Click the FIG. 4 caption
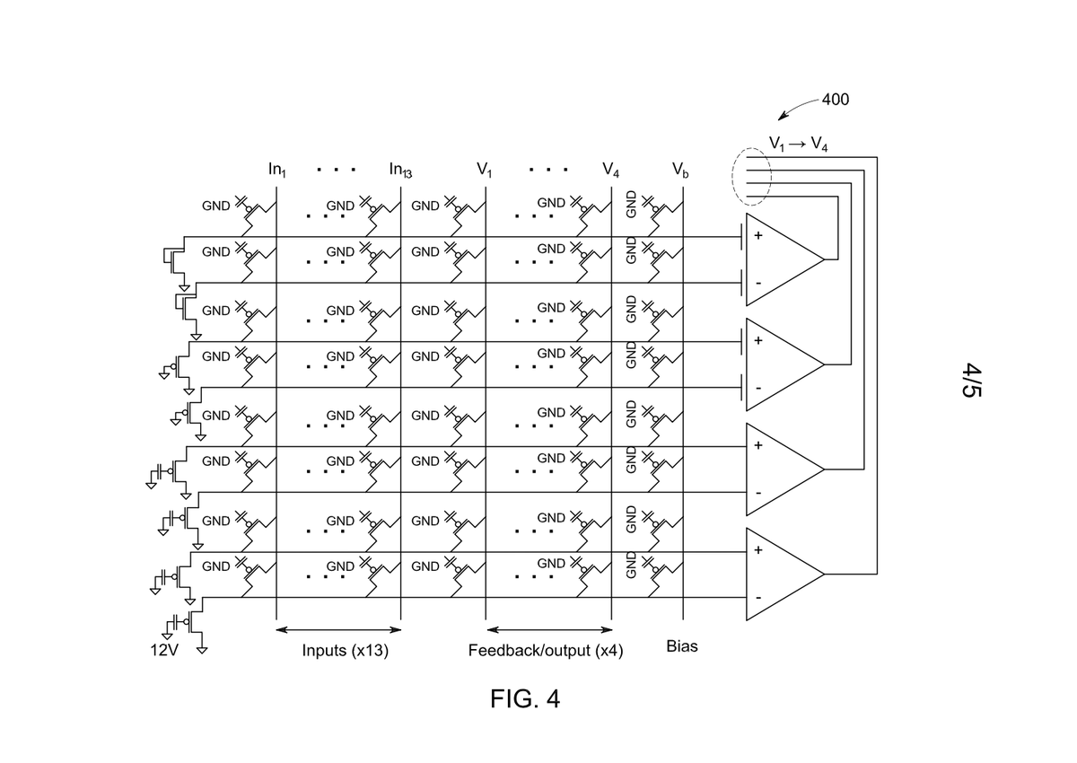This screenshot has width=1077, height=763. click(x=524, y=698)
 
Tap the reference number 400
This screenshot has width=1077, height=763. click(x=836, y=100)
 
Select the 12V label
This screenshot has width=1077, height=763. click(x=164, y=650)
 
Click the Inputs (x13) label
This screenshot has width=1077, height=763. click(x=346, y=651)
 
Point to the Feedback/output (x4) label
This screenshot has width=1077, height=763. click(x=546, y=651)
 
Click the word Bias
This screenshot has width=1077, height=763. click(x=682, y=646)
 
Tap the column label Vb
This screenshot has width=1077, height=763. click(x=680, y=170)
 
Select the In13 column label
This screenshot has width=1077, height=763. click(x=400, y=170)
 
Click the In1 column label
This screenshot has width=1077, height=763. click(x=277, y=170)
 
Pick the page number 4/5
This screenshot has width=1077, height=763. click(x=971, y=381)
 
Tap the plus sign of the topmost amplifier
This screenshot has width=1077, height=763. click(x=758, y=235)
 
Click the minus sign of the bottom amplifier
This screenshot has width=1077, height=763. click(x=758, y=598)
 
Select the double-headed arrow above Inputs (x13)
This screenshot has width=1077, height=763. click(x=338, y=630)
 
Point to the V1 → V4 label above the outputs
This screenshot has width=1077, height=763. click(x=798, y=144)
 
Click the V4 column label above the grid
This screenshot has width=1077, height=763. click(x=610, y=170)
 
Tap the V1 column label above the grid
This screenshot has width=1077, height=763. click(x=484, y=170)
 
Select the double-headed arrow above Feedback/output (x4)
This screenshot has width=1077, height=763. click(x=549, y=630)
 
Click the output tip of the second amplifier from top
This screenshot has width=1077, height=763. click(x=824, y=364)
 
